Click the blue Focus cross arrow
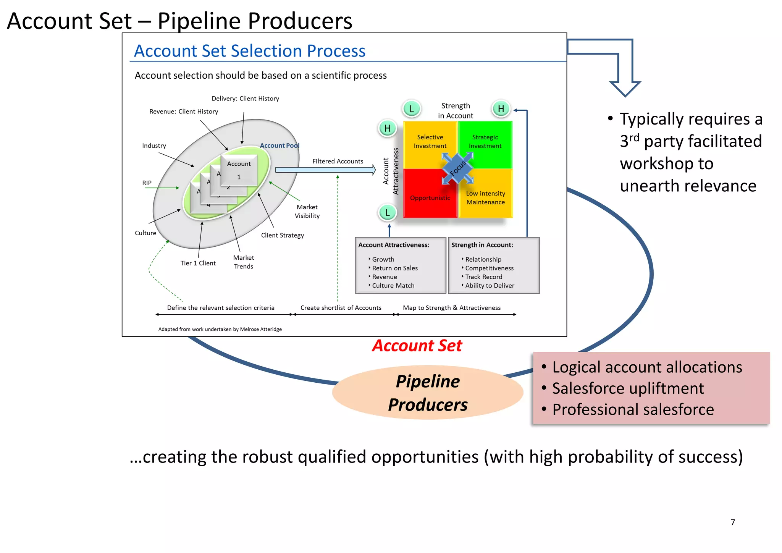[x=458, y=168]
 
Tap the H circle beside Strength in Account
[x=501, y=109]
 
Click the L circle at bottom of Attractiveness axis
[x=387, y=213]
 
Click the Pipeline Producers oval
[x=428, y=393]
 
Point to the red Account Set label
[x=417, y=346]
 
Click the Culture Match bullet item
[x=393, y=286]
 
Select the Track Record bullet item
[x=483, y=277]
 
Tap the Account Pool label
[x=280, y=146]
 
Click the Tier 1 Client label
[x=198, y=263]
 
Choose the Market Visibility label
[x=307, y=211]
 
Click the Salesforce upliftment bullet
[x=628, y=388]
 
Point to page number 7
[x=732, y=522]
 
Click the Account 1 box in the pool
[x=239, y=170]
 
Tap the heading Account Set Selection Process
[x=250, y=51]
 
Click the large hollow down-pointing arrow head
[x=625, y=88]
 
